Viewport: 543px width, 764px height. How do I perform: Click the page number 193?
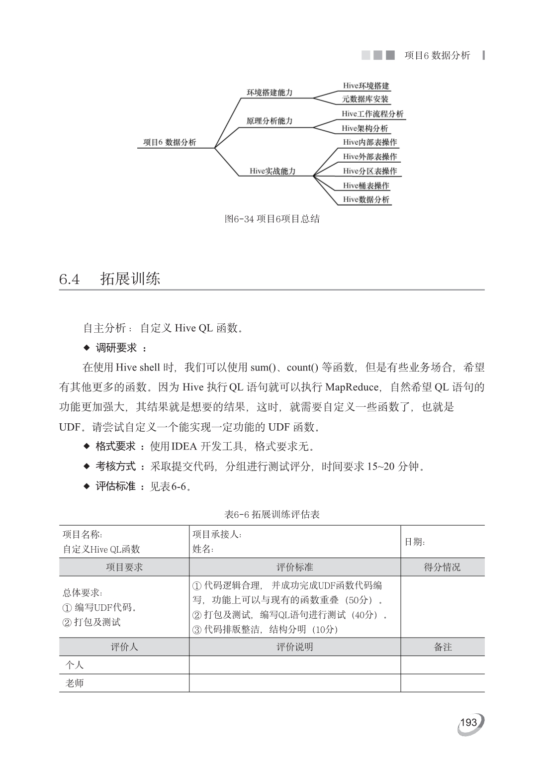(469, 723)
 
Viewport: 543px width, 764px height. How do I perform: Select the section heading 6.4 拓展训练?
(110, 279)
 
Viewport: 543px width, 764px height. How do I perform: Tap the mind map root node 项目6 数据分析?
(170, 142)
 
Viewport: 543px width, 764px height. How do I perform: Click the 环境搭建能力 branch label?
(270, 93)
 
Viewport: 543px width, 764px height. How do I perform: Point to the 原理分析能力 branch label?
(270, 121)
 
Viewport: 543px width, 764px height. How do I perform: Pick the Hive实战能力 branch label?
(272, 171)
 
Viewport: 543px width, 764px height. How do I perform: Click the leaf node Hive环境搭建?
(366, 86)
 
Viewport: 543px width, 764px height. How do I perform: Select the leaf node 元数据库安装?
(365, 99)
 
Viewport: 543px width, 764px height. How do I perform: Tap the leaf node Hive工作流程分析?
(372, 114)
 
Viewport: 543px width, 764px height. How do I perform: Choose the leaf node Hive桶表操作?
(366, 186)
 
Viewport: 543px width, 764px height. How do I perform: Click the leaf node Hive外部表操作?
(370, 157)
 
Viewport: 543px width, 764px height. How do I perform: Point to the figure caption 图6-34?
(272, 219)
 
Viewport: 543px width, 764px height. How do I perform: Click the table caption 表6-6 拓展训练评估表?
(272, 514)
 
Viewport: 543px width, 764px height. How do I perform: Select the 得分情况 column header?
(442, 567)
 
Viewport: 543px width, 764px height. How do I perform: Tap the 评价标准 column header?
(295, 567)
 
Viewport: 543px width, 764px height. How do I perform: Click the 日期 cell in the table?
(415, 542)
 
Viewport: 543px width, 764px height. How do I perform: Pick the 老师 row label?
(75, 683)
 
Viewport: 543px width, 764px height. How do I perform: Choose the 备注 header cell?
(443, 647)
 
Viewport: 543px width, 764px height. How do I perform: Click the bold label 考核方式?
(115, 467)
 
